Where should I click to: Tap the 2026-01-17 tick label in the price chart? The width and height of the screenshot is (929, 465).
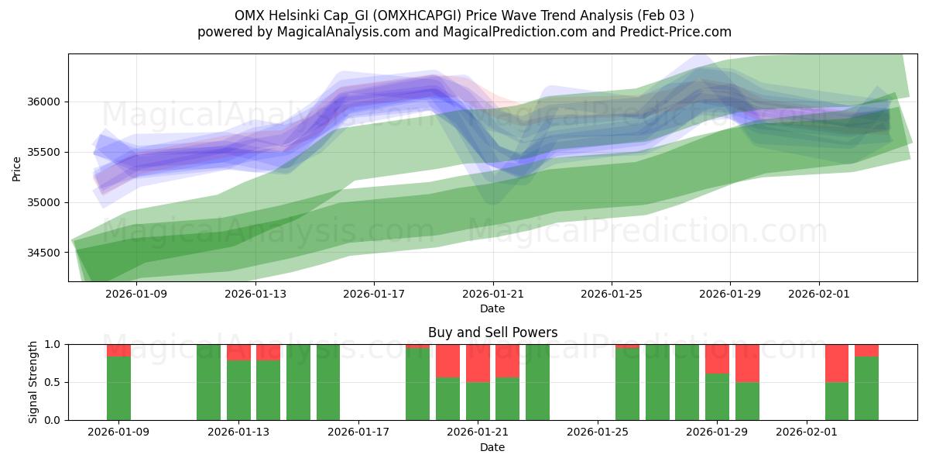(374, 294)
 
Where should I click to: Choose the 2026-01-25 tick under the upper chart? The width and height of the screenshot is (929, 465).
(612, 294)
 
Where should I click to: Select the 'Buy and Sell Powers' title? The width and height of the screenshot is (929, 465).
(492, 332)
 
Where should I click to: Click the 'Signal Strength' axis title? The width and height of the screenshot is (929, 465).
(33, 382)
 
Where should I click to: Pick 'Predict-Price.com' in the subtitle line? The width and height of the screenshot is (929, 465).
(678, 32)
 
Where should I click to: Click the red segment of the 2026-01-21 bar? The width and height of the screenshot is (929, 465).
(478, 363)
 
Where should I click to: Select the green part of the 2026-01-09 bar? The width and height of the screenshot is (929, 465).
(118, 387)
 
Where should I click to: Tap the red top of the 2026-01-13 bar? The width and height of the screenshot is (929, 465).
(238, 352)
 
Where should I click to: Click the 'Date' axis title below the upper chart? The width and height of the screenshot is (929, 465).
(492, 308)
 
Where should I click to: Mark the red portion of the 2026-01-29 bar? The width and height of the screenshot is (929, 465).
(717, 359)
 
